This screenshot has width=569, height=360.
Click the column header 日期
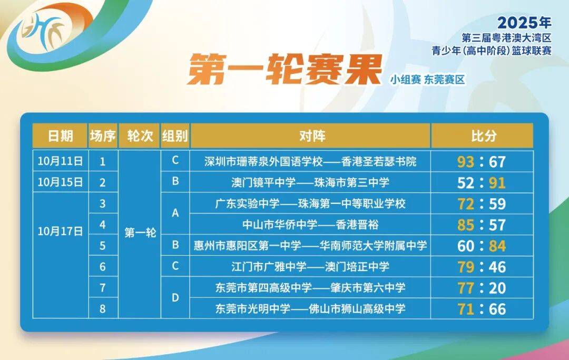[x=60, y=136]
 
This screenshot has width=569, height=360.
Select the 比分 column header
[x=482, y=136]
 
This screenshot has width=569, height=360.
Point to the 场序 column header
[x=103, y=136]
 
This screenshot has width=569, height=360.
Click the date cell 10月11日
[x=60, y=161]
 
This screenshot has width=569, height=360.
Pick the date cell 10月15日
[x=60, y=182]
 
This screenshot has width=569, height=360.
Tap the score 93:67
[x=482, y=161]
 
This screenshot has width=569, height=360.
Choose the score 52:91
[x=482, y=182]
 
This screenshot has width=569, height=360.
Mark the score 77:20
[x=482, y=288]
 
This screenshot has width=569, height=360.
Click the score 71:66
[x=482, y=309]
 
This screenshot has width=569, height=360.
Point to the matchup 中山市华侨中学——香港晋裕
[x=310, y=225]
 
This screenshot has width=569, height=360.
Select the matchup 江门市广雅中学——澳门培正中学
[x=310, y=267]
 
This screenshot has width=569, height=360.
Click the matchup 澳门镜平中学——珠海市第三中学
[x=310, y=182]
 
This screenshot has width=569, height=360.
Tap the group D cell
[x=175, y=298]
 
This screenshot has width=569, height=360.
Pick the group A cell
[x=175, y=213]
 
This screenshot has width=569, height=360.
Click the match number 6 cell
[x=103, y=267]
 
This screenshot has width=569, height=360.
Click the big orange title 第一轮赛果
[x=284, y=70]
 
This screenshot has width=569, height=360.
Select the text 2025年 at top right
[x=524, y=23]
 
